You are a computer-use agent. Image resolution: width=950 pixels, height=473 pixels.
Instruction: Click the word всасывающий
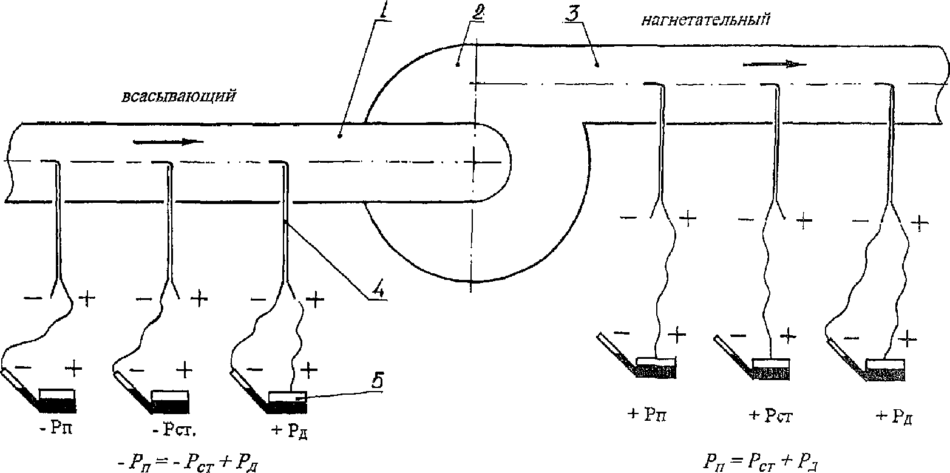pyautogui.click(x=178, y=97)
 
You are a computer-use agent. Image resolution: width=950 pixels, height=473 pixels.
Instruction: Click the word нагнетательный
pyautogui.click(x=706, y=21)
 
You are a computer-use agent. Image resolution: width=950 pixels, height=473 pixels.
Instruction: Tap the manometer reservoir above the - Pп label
pyautogui.click(x=57, y=398)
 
